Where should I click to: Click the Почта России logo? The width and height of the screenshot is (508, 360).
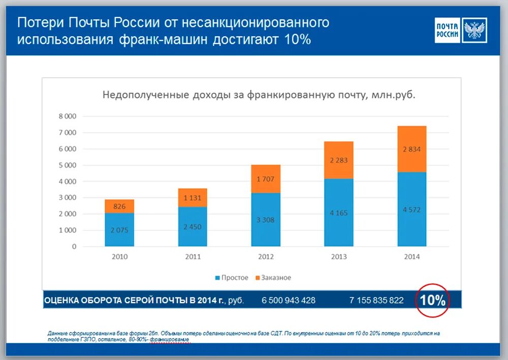461,30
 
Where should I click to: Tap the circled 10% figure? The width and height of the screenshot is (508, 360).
432,300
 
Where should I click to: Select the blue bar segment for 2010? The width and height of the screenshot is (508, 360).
120,229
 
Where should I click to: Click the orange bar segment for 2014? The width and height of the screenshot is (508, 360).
412,149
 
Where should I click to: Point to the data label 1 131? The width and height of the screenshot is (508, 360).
193,198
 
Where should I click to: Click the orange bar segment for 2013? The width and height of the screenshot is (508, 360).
339,160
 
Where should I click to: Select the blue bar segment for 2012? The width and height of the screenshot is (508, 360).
266,220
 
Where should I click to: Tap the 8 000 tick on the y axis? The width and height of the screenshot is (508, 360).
67,116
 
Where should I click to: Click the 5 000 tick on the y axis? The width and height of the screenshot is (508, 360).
67,165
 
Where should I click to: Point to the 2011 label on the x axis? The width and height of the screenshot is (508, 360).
193,257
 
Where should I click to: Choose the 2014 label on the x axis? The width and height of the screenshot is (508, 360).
412,257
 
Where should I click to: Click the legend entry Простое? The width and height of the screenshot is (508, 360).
232,278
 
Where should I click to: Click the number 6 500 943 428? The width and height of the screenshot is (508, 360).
289,301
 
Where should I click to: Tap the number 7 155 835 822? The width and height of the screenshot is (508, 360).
376,301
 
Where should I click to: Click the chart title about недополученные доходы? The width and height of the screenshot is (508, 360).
259,95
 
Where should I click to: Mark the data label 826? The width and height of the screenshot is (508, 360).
119,206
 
